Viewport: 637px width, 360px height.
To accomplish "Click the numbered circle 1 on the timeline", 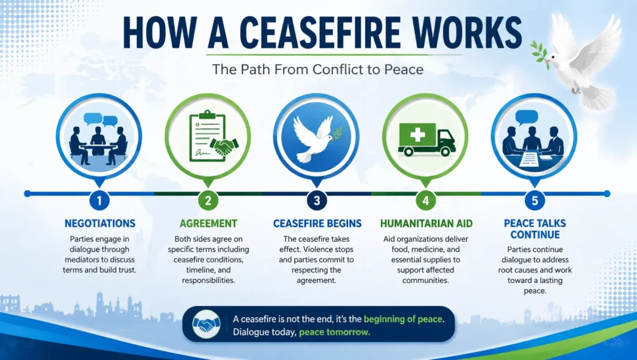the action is pos(100,200).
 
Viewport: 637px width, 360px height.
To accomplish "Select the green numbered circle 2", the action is pos(208,200).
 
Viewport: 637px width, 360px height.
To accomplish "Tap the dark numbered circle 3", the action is pos(317,200).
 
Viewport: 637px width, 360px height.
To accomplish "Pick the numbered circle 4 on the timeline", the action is pos(425,200).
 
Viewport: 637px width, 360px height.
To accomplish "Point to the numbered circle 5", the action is pos(534,200).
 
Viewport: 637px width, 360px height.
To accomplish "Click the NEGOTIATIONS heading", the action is pos(100,223).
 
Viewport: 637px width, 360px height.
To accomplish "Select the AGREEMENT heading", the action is pos(208,223).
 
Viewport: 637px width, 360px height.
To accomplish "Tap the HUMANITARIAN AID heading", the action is pos(426,223).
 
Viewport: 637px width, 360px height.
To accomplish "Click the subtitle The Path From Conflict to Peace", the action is pos(318,69).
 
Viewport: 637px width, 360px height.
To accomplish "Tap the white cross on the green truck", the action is pos(417,135).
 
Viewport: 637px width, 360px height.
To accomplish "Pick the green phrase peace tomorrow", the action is pos(334,332).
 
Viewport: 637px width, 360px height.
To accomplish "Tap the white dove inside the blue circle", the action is pos(315,139).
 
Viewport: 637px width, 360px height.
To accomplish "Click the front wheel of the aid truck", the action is pos(445,151).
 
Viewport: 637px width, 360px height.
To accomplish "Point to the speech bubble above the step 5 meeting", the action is pos(526,118).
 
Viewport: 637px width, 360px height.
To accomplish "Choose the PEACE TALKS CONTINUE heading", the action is pos(535,229).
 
